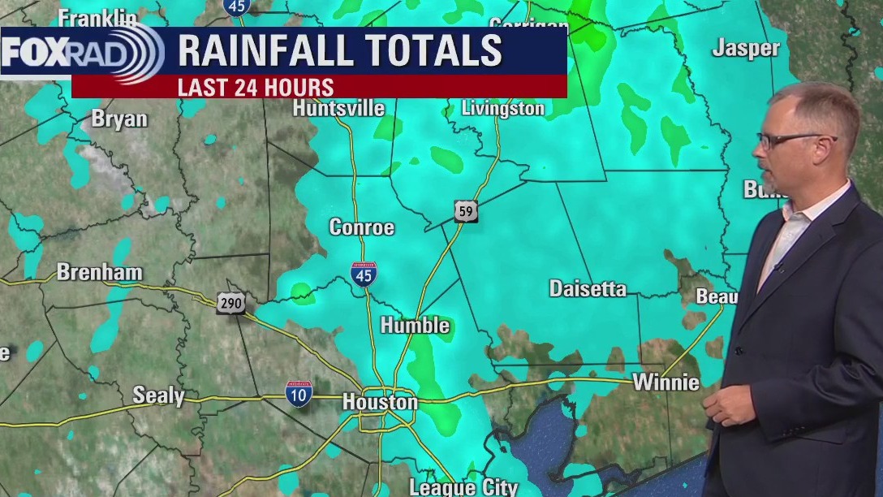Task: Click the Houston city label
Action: (380, 402)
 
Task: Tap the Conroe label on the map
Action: (361, 227)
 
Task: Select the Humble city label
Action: (415, 326)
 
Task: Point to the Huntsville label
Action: (338, 108)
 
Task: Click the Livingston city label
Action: (502, 108)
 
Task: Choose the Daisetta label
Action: (588, 288)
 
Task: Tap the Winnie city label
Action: (665, 382)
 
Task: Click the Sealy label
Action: (158, 395)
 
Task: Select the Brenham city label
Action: (99, 272)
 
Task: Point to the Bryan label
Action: (119, 119)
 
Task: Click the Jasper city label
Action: (746, 49)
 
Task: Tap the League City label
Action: (463, 487)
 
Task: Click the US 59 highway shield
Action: (465, 212)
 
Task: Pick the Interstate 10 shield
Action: (299, 393)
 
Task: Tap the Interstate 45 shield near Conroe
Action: (364, 274)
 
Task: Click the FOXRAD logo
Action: (81, 52)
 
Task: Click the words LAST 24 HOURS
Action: (256, 87)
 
